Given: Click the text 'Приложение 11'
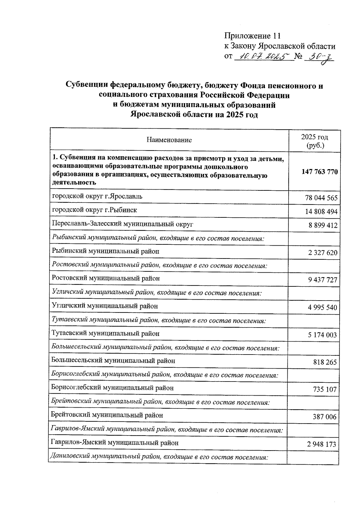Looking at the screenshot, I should (253, 36).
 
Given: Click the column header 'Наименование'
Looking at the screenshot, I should (169, 140).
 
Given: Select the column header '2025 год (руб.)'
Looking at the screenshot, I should (314, 141).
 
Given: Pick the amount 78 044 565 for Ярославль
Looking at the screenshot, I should (321, 198).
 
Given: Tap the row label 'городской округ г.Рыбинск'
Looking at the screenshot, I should (94, 210).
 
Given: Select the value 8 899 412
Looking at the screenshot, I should (323, 225).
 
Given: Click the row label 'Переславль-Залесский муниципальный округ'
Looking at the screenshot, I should (122, 224).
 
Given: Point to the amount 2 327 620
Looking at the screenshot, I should (322, 253).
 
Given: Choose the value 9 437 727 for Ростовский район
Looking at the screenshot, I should (322, 280).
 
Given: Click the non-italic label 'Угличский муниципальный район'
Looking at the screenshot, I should (105, 306).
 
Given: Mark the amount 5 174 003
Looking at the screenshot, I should (322, 335).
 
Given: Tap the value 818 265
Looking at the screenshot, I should (325, 362).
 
